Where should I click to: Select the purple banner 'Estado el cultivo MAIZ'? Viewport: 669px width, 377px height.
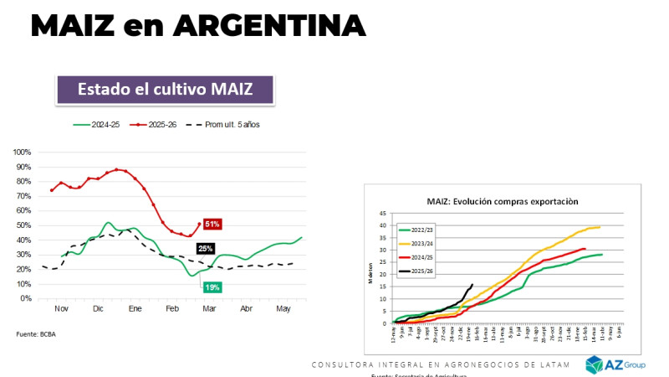[165, 90]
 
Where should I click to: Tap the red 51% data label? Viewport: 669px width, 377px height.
[212, 224]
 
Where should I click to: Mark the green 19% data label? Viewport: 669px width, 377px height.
[212, 287]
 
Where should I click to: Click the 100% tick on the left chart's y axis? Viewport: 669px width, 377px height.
[22, 152]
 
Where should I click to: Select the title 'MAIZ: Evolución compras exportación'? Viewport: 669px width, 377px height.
[502, 201]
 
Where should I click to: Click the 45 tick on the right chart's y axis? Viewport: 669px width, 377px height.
[383, 214]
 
